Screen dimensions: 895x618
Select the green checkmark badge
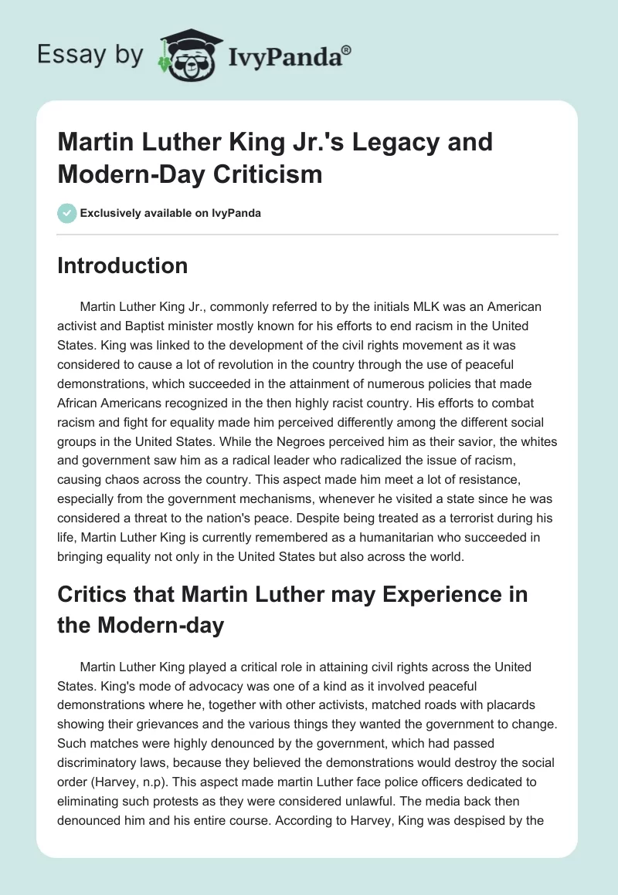(x=66, y=213)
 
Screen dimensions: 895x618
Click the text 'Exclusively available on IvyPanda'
(x=171, y=213)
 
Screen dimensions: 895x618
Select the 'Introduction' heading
(x=123, y=265)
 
